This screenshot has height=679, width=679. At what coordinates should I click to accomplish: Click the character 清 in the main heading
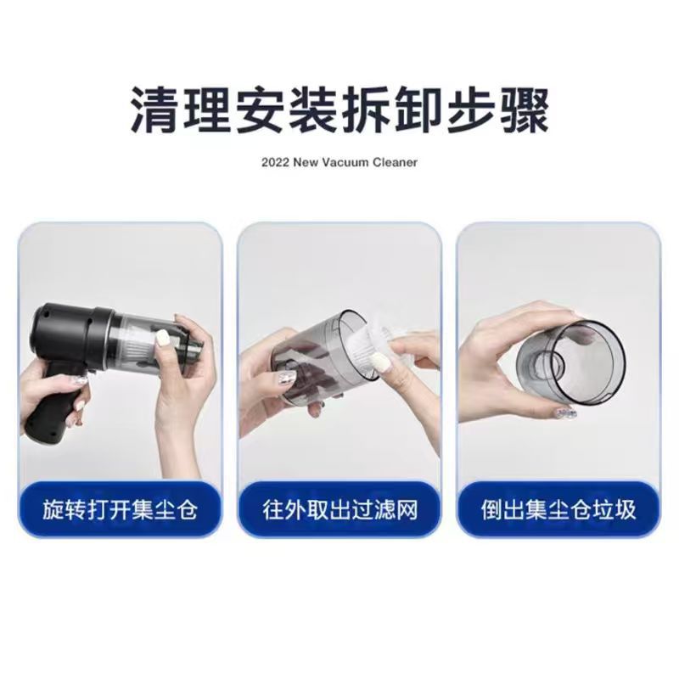point(154,110)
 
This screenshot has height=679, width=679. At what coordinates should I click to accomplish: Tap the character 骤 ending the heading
point(525,110)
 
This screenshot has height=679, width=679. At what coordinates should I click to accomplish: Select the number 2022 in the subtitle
point(275,162)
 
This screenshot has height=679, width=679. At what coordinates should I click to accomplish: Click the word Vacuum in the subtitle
point(348,162)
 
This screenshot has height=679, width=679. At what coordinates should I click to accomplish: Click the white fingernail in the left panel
point(162,337)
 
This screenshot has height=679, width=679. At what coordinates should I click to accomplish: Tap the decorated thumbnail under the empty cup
point(565,412)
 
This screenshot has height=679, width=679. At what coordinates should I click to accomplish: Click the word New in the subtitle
point(306,162)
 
